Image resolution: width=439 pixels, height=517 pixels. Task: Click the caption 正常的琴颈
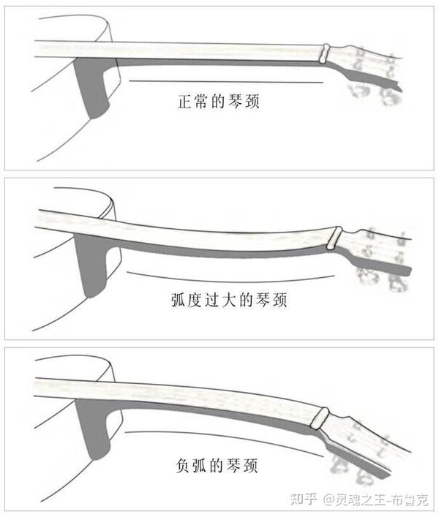coord(218,101)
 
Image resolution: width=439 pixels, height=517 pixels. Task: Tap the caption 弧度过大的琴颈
coord(229,300)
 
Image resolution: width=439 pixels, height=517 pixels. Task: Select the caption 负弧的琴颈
coord(217,466)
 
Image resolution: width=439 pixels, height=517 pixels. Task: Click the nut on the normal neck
coord(325,53)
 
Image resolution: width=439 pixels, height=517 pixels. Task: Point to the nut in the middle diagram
coord(334,238)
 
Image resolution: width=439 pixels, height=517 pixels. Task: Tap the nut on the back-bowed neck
coord(319,418)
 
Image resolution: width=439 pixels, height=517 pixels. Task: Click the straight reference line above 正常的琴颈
coord(226,81)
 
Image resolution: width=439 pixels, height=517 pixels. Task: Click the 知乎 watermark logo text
coord(304,499)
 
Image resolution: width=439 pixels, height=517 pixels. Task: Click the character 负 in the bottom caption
coord(183,466)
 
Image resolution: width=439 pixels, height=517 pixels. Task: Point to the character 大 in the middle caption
coord(229,300)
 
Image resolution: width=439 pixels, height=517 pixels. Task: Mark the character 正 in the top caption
coord(185,101)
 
